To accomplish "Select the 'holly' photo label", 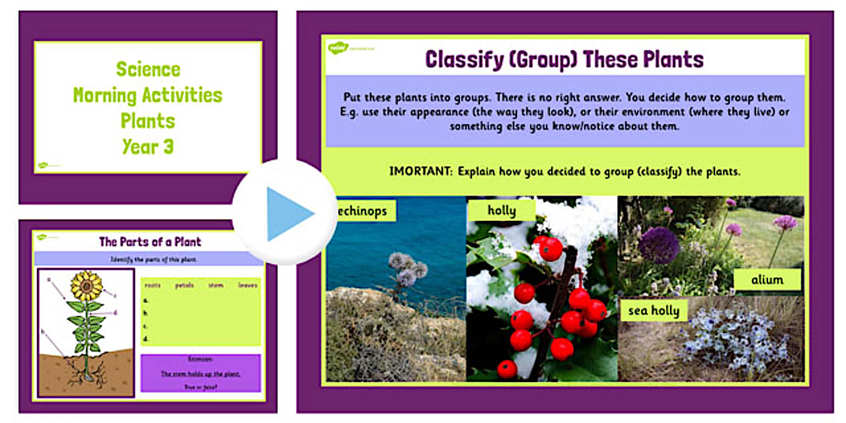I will [x=502, y=211].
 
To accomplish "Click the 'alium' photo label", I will [x=767, y=279].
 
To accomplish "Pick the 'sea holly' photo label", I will [x=653, y=311].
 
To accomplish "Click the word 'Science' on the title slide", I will [x=148, y=69].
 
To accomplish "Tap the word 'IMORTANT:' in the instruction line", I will [x=420, y=171].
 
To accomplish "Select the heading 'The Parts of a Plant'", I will [x=150, y=242].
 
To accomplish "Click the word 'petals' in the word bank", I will [x=184, y=285].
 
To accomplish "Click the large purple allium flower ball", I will [x=659, y=245].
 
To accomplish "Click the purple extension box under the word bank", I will [x=200, y=373].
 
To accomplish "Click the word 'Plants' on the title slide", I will [x=148, y=121].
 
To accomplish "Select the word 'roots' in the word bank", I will [x=152, y=285].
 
